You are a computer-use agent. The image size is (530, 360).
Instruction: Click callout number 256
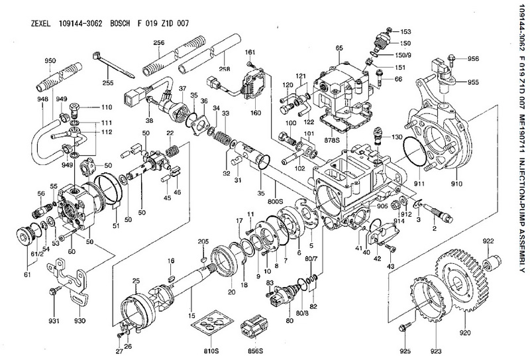click(158, 42)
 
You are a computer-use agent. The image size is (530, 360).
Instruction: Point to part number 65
click(339, 47)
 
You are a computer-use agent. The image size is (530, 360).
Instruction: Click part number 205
click(204, 241)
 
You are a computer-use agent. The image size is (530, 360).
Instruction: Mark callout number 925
click(406, 349)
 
